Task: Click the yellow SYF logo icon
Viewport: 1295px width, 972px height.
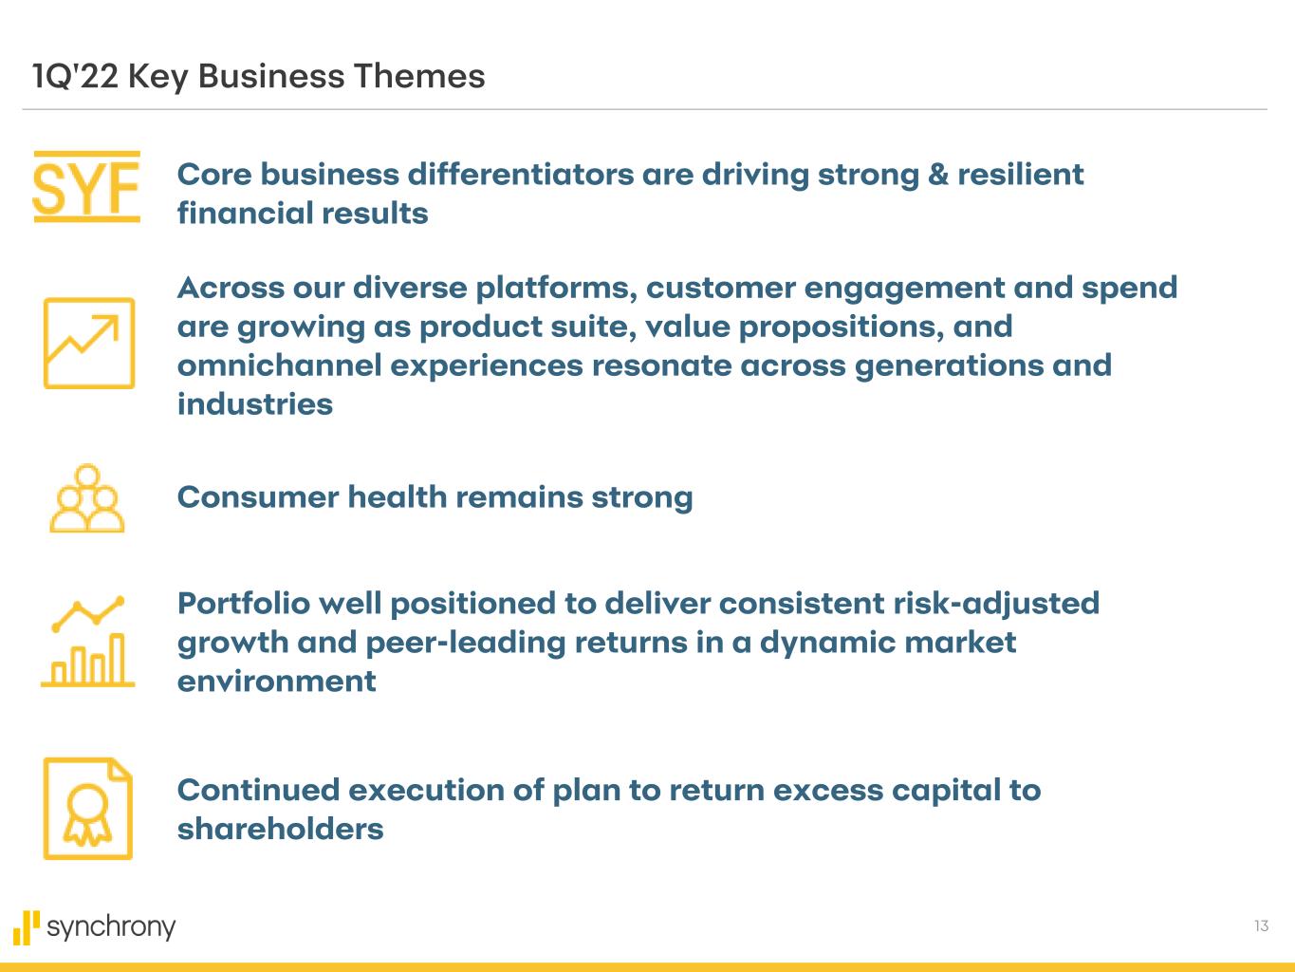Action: tap(86, 187)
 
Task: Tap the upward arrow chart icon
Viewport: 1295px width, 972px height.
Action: tap(88, 343)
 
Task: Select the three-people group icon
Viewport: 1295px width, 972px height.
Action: tap(87, 499)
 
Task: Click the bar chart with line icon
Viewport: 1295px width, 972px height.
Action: tap(88, 643)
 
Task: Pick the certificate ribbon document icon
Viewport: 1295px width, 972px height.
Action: tap(88, 809)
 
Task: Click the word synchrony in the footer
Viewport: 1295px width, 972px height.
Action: tap(111, 926)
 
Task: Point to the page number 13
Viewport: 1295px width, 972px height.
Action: tap(1261, 925)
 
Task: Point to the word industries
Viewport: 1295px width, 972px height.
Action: tap(255, 404)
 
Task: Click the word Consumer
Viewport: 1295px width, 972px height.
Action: tap(257, 497)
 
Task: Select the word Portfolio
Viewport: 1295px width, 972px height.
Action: tap(243, 604)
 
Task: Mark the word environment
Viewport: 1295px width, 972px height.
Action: tap(276, 682)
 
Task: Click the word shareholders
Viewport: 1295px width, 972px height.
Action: tap(280, 829)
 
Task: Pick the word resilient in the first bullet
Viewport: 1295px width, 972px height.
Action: tap(1020, 175)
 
